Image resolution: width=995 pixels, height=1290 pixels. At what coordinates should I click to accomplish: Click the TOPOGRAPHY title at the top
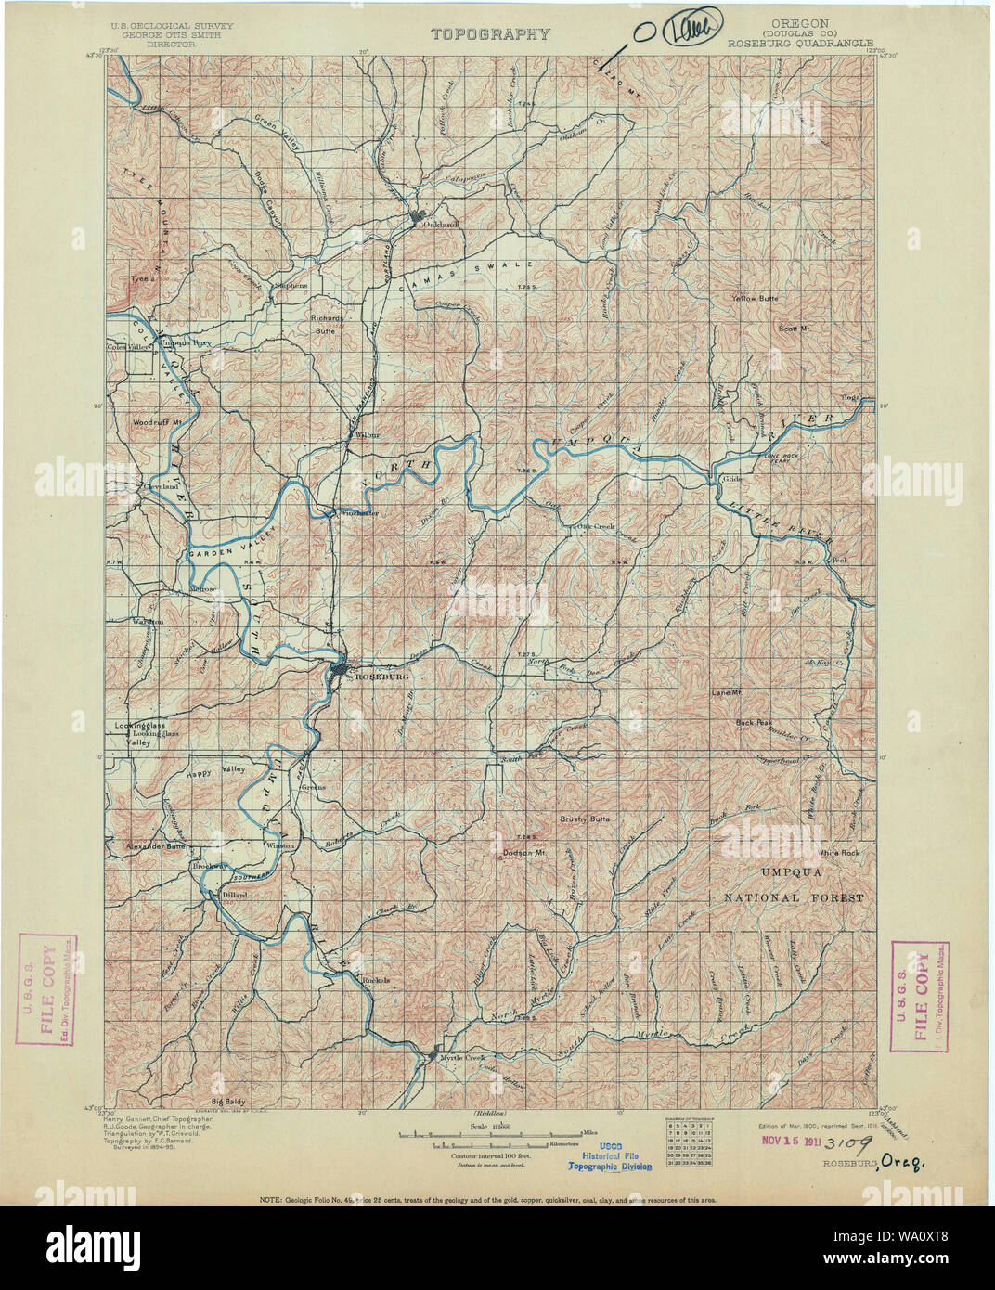coord(490,34)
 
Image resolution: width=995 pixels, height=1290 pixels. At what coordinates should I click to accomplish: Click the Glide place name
coord(730,479)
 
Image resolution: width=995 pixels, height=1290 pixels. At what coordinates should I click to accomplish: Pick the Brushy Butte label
coord(584,819)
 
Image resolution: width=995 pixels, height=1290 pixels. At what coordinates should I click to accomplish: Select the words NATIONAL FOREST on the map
coord(794,898)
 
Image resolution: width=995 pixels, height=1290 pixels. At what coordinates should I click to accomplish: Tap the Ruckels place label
coord(376,980)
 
